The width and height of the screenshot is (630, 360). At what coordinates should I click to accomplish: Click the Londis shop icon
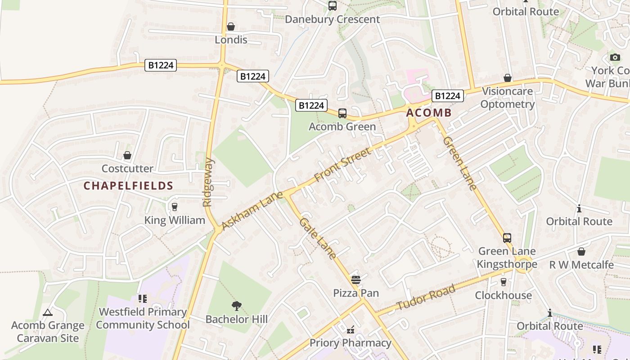click(231, 27)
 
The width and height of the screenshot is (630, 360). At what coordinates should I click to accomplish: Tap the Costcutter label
click(127, 169)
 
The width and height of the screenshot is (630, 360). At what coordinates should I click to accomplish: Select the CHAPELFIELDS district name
click(128, 186)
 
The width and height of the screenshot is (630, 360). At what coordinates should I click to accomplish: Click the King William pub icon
click(175, 207)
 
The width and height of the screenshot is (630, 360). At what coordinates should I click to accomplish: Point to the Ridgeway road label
click(208, 182)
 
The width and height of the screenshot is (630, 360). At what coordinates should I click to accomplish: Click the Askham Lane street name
click(252, 210)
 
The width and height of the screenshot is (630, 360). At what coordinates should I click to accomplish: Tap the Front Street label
click(343, 164)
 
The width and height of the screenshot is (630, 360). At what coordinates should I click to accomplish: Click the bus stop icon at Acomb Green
click(342, 113)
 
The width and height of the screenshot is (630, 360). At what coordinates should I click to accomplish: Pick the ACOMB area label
click(428, 113)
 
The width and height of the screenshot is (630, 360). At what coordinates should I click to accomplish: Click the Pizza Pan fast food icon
click(355, 280)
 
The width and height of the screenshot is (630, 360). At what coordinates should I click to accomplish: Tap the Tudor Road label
click(426, 298)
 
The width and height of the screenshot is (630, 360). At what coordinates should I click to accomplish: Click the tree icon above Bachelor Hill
click(236, 306)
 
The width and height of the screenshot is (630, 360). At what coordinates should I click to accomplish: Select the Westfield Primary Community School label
click(143, 318)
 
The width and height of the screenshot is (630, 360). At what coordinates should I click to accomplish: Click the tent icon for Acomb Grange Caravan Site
click(48, 312)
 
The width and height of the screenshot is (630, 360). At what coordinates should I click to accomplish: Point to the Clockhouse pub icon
click(504, 282)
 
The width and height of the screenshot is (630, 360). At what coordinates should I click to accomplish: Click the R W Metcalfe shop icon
click(581, 252)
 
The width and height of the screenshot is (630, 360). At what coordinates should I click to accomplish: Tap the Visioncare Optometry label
click(507, 98)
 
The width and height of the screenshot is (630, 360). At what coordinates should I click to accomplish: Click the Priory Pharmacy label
click(350, 343)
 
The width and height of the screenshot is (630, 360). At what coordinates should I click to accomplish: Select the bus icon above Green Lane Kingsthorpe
click(507, 238)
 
